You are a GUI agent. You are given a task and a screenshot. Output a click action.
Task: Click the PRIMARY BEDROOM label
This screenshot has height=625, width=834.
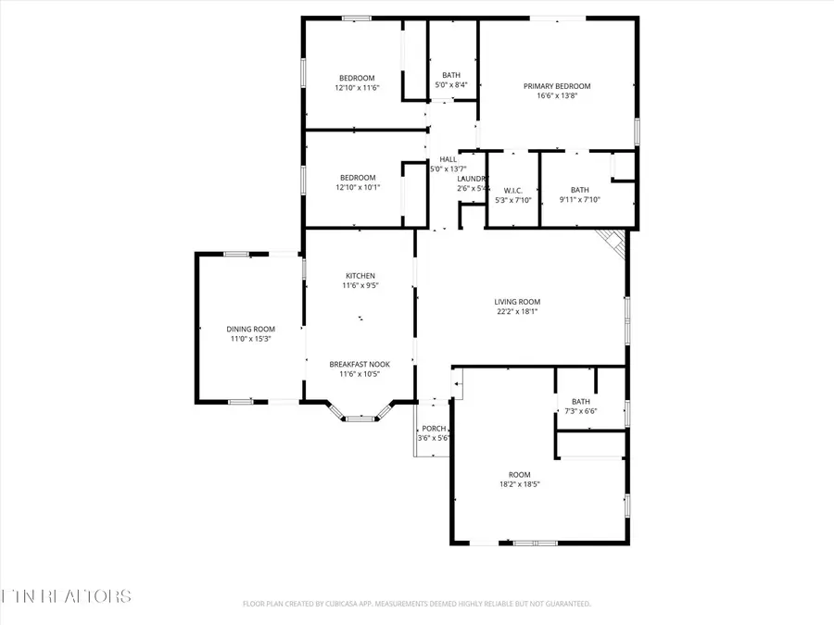(x=557, y=86)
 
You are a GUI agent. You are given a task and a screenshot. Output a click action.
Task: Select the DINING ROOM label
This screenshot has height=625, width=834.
(x=251, y=329)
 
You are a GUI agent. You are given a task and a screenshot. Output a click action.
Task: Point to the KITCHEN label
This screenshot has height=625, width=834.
(x=360, y=276)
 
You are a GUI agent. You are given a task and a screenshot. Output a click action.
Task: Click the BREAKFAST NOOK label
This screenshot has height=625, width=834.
(x=360, y=365)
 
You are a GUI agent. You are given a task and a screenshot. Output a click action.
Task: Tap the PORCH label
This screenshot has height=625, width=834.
(x=434, y=429)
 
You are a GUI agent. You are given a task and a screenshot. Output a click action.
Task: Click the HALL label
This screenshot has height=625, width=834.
(x=448, y=159)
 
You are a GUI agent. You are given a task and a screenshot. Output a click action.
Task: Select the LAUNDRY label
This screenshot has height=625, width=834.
(x=473, y=179)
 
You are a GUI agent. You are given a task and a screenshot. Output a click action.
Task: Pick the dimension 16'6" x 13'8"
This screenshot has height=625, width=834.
(x=557, y=96)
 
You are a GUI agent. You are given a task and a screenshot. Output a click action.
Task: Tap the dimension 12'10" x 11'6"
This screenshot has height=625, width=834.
(x=357, y=88)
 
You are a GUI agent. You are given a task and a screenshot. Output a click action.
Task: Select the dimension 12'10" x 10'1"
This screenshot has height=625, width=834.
(x=357, y=187)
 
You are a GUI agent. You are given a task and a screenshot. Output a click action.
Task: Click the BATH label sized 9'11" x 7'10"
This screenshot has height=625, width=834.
(x=579, y=190)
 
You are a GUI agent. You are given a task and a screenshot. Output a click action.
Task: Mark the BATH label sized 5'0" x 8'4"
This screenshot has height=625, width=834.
(x=451, y=76)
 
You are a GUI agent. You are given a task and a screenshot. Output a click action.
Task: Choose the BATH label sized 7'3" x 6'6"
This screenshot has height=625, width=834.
(x=580, y=401)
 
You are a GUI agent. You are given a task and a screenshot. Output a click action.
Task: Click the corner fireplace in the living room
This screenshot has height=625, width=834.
(x=612, y=241)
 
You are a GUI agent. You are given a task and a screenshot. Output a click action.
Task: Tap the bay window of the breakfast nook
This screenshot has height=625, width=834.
(x=360, y=418)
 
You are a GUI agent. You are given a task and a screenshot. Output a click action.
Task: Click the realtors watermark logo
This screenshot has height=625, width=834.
(x=67, y=594)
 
